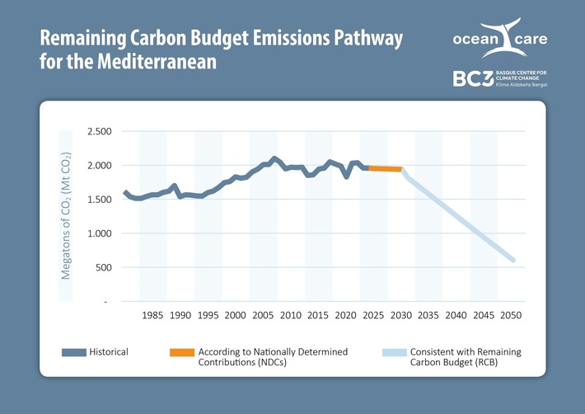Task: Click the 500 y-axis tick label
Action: (x=102, y=268)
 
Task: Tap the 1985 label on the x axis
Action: (x=152, y=315)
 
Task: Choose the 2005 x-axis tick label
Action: (x=263, y=315)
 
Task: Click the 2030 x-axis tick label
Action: (x=400, y=315)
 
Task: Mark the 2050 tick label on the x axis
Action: (x=511, y=315)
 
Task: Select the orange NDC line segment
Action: (x=384, y=168)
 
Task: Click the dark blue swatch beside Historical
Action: (x=75, y=352)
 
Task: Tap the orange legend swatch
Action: (x=181, y=352)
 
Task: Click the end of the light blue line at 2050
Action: (x=512, y=261)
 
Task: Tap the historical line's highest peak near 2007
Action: (x=274, y=158)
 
